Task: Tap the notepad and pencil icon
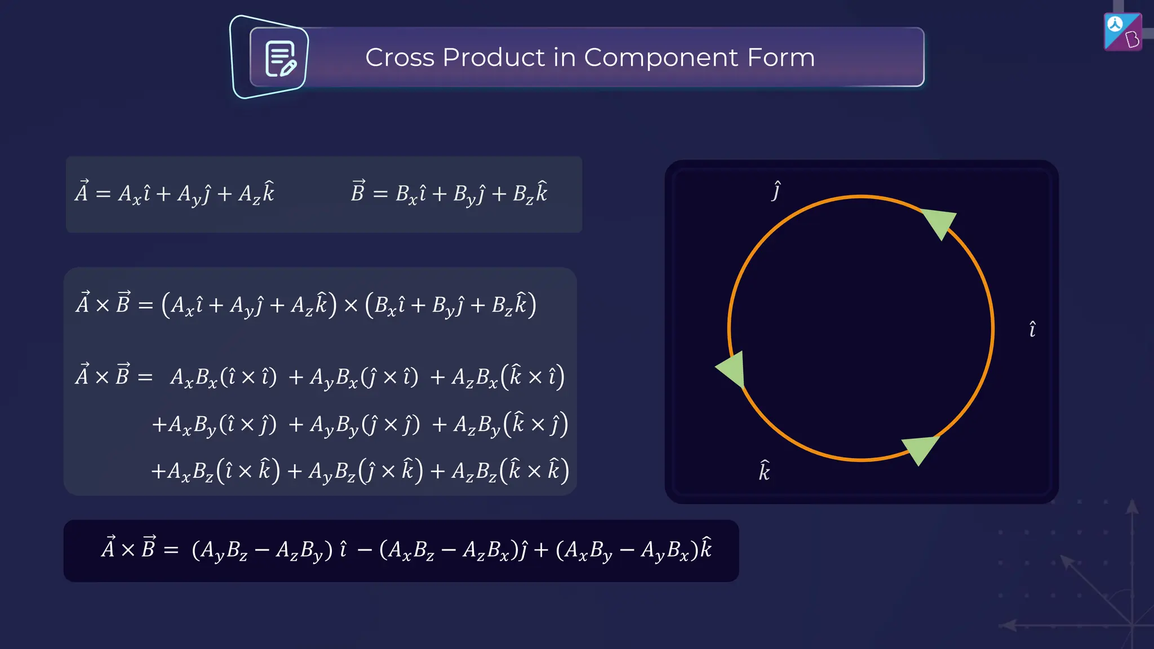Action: tap(280, 58)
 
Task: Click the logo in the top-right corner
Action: tap(1122, 32)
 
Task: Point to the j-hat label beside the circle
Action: tap(776, 191)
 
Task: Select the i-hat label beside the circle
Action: tap(1032, 329)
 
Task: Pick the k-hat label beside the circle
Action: tap(764, 471)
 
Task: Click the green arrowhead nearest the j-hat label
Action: tap(940, 221)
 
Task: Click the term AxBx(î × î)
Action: tap(223, 377)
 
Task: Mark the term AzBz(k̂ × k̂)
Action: tap(510, 471)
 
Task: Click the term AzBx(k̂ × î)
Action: tap(508, 377)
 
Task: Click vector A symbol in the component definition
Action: tap(82, 192)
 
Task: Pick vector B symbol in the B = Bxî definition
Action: tap(358, 192)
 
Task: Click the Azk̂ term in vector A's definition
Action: tap(256, 194)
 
